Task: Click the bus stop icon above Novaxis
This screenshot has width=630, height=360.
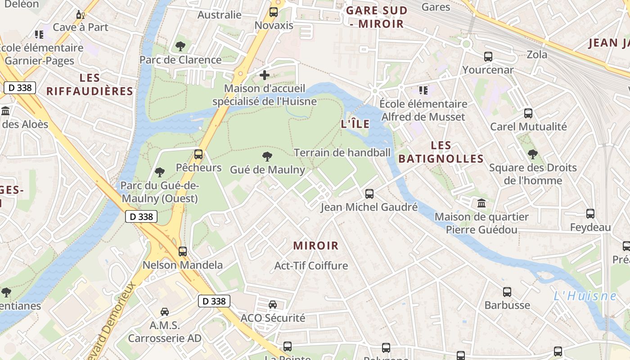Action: coord(273,12)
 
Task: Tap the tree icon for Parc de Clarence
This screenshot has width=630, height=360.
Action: coord(180,46)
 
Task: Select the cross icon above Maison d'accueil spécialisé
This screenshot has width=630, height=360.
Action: coord(265,75)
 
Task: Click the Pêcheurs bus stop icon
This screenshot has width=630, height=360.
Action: coord(198,154)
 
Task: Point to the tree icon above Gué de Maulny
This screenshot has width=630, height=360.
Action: coord(267,157)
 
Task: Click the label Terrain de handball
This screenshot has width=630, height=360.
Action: coord(342,153)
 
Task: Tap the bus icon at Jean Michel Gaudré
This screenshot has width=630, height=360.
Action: coord(369,194)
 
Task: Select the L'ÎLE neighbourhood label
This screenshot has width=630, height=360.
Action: coord(355,124)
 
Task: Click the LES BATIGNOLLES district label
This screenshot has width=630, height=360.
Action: coord(441,152)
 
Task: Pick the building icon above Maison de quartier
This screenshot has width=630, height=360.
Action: coord(481,203)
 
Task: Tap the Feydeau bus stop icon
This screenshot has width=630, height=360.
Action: coord(590,214)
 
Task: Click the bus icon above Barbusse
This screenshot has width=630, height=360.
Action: coord(507,292)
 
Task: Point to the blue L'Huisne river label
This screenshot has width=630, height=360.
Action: coord(585,296)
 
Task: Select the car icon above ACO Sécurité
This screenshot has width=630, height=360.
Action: coord(273,305)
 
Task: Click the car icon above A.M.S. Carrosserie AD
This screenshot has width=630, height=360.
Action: coord(165,311)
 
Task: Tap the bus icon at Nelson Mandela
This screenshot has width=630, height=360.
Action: coord(182,252)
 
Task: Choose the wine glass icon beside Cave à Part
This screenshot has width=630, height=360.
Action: coord(81,15)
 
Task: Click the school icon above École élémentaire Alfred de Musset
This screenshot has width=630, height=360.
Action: coord(423,90)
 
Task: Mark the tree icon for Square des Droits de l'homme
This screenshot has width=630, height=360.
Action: coord(532,154)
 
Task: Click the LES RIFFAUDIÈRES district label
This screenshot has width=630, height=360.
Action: coord(90,85)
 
